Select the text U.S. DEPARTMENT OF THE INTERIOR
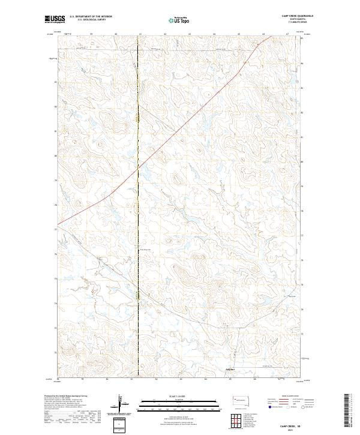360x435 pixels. [90, 17]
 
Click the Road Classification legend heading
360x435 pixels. [289, 397]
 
